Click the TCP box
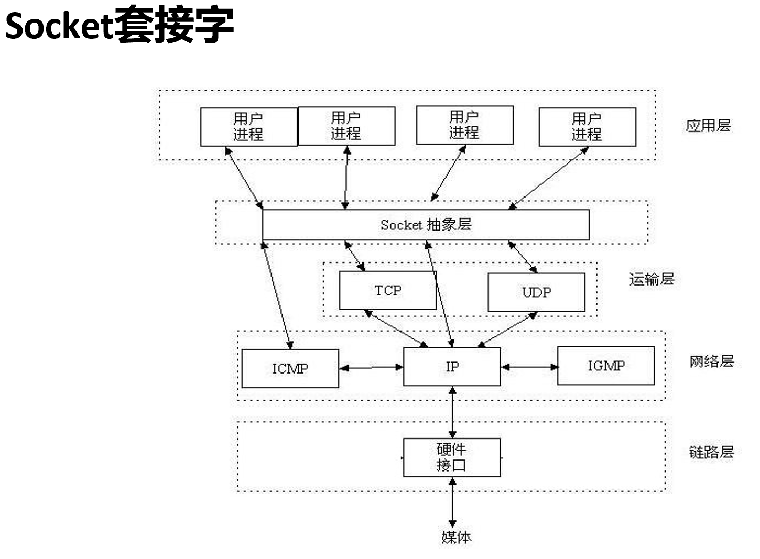(x=388, y=290)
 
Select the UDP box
(x=536, y=292)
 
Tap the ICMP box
(x=290, y=368)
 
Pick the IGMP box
(x=606, y=366)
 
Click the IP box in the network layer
(x=452, y=367)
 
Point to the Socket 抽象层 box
(x=426, y=225)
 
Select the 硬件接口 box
(x=452, y=457)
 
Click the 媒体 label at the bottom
(x=456, y=537)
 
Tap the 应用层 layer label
(x=708, y=126)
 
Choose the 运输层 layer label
(x=652, y=279)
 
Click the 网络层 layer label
(x=711, y=361)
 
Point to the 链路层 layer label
(x=711, y=452)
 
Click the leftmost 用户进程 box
(x=248, y=127)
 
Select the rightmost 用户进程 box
(x=587, y=127)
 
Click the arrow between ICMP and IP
(x=371, y=368)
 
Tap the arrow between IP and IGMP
(x=529, y=367)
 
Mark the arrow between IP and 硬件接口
(x=452, y=412)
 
